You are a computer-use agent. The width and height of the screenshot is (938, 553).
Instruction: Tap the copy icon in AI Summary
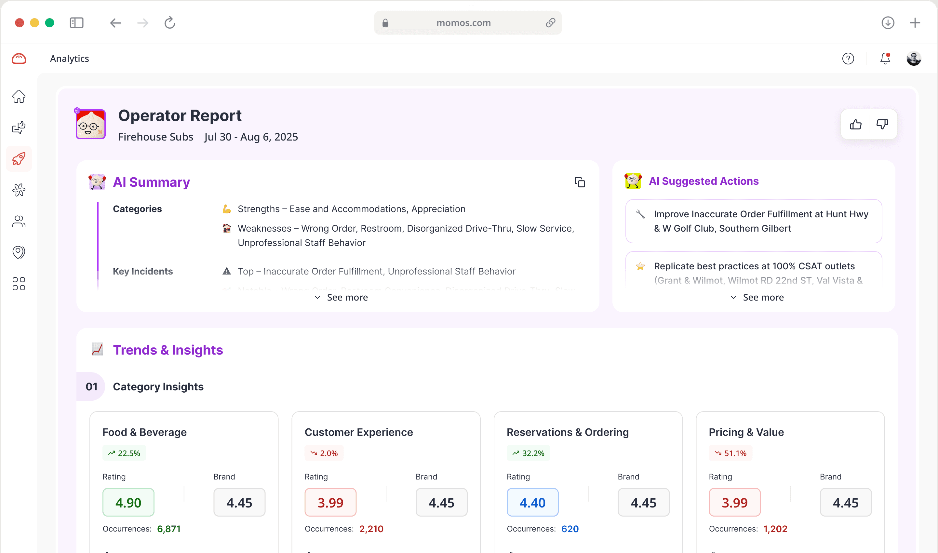(x=580, y=182)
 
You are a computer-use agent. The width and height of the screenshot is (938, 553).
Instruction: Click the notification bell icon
(x=885, y=59)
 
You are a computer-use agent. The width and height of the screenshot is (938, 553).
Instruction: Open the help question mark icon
(x=848, y=59)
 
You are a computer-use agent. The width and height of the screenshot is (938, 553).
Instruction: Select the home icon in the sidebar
(x=19, y=97)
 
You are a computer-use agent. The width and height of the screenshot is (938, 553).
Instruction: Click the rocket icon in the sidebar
(x=19, y=159)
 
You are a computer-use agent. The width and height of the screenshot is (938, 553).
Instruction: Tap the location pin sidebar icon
(x=19, y=252)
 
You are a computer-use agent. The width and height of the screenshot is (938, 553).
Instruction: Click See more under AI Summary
(x=341, y=297)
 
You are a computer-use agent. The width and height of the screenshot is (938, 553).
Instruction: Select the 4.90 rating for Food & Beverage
(x=128, y=502)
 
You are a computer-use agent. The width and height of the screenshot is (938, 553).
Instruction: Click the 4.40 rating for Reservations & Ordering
(x=532, y=502)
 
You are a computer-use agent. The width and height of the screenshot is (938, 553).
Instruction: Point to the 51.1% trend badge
(x=730, y=453)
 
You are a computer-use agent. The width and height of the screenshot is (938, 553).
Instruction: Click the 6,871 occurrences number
(x=169, y=529)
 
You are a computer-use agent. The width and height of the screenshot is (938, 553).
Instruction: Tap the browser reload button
(x=170, y=23)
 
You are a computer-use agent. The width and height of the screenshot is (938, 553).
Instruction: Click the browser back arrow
(x=115, y=23)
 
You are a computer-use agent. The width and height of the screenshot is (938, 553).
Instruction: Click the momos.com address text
(x=463, y=23)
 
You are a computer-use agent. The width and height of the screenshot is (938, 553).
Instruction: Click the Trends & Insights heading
(x=167, y=350)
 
